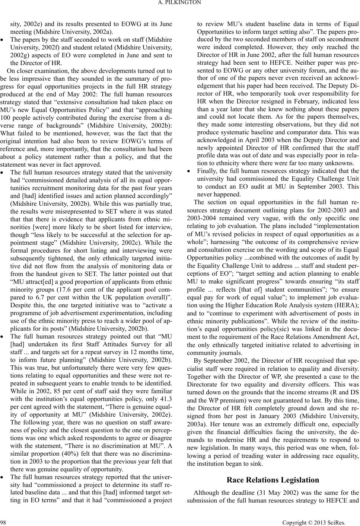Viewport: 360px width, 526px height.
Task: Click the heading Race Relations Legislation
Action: point(273,480)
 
